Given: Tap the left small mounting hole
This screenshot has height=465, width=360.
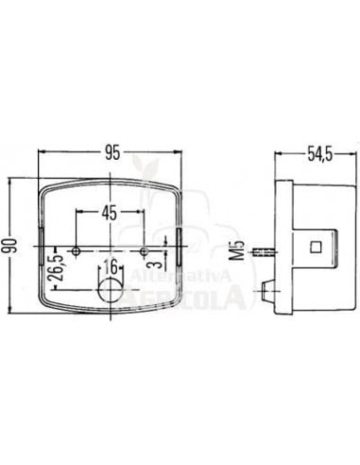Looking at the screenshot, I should click(x=77, y=250).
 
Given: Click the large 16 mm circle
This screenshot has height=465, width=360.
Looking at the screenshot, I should click(x=111, y=292).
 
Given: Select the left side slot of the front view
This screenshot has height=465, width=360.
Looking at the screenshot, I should click(x=42, y=248).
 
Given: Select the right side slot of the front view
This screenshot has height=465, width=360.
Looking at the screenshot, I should click(x=180, y=247).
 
